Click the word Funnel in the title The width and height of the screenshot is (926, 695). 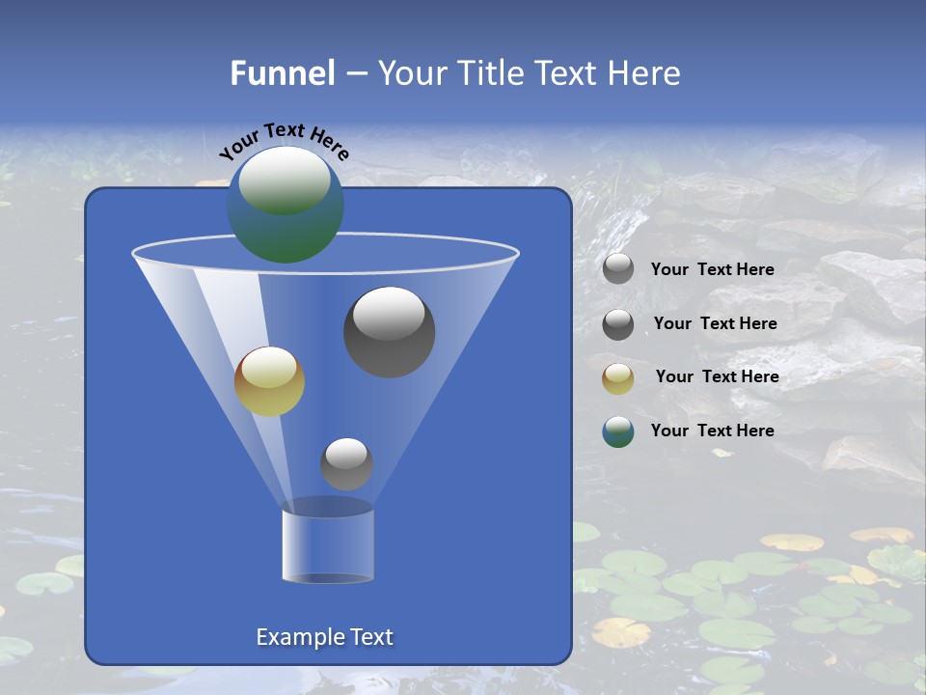[x=282, y=73]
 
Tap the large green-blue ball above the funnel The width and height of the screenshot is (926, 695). [x=285, y=204]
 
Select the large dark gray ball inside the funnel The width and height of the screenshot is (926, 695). [x=389, y=331]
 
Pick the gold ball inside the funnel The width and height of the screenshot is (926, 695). [x=269, y=381]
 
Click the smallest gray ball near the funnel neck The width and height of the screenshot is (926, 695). [x=346, y=463]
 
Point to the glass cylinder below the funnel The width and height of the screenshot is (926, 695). [x=328, y=545]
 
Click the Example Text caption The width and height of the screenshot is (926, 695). [x=324, y=637]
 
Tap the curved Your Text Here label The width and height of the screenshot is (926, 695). [x=284, y=141]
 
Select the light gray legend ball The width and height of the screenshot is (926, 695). [x=618, y=269]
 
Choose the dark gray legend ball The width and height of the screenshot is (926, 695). [x=618, y=324]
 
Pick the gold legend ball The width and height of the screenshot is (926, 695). [x=618, y=378]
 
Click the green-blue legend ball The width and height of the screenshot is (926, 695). [x=618, y=432]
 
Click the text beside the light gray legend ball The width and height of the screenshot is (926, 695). [x=712, y=270]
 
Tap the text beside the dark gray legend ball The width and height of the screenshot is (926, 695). [x=715, y=323]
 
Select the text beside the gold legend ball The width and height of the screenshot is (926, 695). [x=717, y=376]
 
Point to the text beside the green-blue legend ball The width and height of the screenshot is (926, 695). [x=712, y=431]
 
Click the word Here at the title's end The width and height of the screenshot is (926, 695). [x=644, y=73]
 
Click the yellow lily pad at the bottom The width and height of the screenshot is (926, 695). [x=620, y=632]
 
